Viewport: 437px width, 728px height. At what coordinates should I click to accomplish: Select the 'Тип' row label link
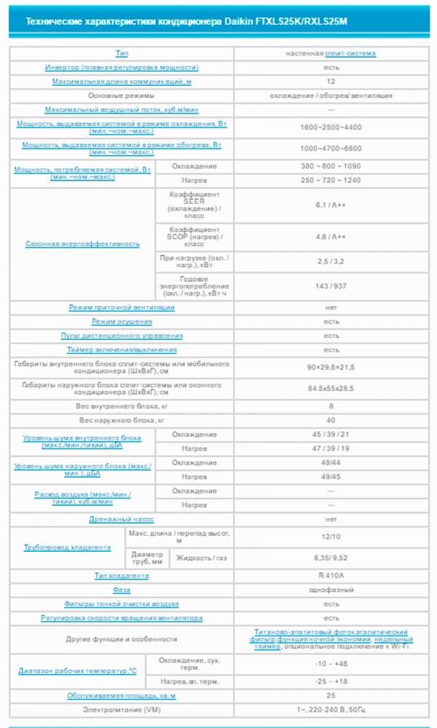click(x=122, y=54)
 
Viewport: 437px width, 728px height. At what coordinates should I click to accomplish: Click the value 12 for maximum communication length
click(x=331, y=82)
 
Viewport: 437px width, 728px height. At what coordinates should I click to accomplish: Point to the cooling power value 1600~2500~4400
click(x=331, y=127)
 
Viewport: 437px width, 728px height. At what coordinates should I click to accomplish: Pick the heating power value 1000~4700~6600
click(x=331, y=148)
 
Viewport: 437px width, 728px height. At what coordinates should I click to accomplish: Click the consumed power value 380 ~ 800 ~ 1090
click(x=331, y=167)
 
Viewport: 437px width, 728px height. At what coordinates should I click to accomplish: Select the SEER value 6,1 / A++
click(x=331, y=206)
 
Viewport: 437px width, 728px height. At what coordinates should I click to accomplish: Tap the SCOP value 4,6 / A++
click(x=331, y=237)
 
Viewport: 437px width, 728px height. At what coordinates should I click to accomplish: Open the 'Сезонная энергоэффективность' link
click(x=82, y=244)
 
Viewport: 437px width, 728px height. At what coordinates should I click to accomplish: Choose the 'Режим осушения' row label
click(x=122, y=322)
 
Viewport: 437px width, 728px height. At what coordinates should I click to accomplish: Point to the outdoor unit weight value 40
click(x=331, y=420)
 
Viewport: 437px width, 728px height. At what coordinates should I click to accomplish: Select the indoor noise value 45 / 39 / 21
click(x=331, y=435)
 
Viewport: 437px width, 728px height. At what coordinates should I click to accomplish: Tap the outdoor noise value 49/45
click(x=331, y=477)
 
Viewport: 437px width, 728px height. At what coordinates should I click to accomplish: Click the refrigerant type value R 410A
click(x=331, y=576)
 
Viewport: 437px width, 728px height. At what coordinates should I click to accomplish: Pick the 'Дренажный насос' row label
click(x=122, y=519)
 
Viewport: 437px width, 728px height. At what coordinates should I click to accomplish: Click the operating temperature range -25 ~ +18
click(x=331, y=681)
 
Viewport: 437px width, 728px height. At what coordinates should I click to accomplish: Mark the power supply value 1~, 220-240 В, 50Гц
click(x=331, y=709)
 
